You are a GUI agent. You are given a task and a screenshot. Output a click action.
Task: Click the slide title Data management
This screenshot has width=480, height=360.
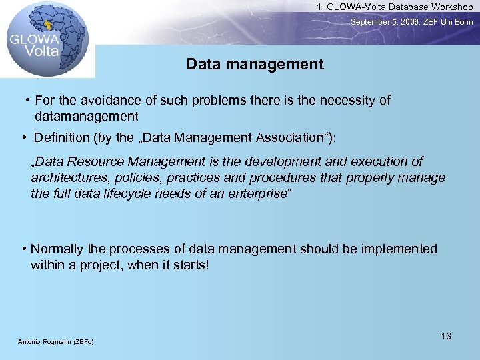coord(255,65)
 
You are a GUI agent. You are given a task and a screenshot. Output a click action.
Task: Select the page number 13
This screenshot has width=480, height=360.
coord(446,336)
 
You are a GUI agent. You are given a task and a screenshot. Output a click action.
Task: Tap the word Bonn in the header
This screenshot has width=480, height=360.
coord(463,22)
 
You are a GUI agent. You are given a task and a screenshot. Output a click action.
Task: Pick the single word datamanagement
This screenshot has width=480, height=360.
coord(87,117)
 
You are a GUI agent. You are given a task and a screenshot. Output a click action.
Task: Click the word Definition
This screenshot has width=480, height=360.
coord(62,138)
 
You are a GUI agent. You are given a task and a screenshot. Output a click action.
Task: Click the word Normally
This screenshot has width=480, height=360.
coord(57,249)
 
